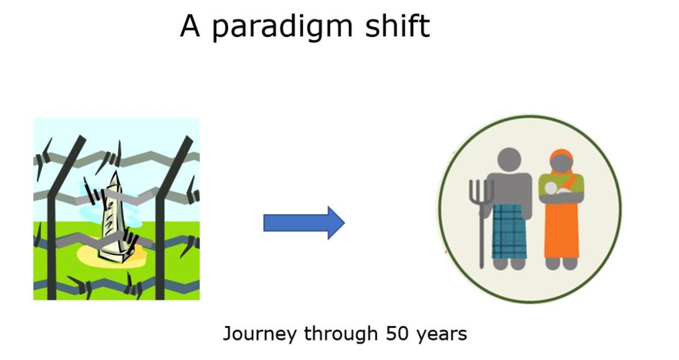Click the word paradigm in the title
[282, 27]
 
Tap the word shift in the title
[397, 26]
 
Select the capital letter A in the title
[190, 26]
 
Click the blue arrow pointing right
[304, 223]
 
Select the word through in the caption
[341, 334]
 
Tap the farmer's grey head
[509, 159]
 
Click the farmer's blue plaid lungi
[509, 231]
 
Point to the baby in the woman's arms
[556, 190]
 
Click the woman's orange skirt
[562, 231]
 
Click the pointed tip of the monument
[116, 171]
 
